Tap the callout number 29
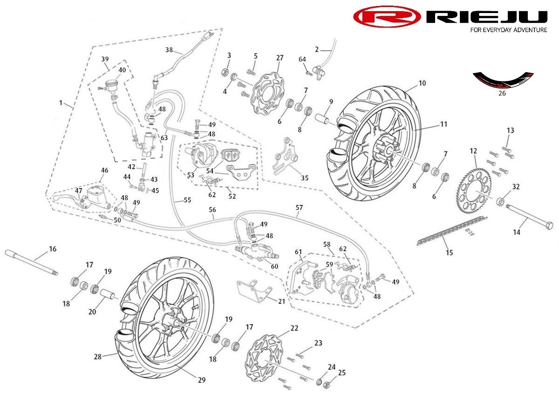(201, 380)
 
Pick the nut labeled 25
(327, 385)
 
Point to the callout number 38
(169, 49)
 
